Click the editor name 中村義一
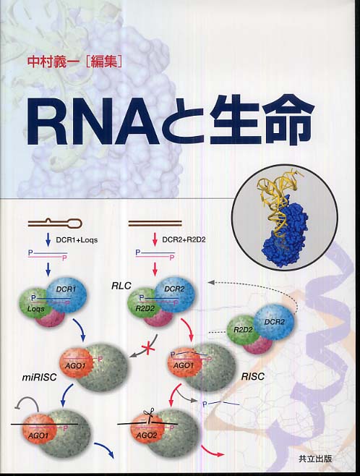[x=52, y=62]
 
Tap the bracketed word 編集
[x=103, y=62]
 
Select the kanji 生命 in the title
[x=260, y=120]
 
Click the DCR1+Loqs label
[x=77, y=240]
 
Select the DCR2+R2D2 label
[x=184, y=240]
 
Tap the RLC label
[x=121, y=286]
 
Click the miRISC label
[x=40, y=377]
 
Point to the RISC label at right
[x=252, y=377]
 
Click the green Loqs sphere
[x=33, y=305]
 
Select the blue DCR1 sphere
[x=66, y=294]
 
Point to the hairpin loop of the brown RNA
[x=75, y=224]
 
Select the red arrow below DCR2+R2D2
[x=155, y=240]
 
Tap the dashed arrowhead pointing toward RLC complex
[x=211, y=282]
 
